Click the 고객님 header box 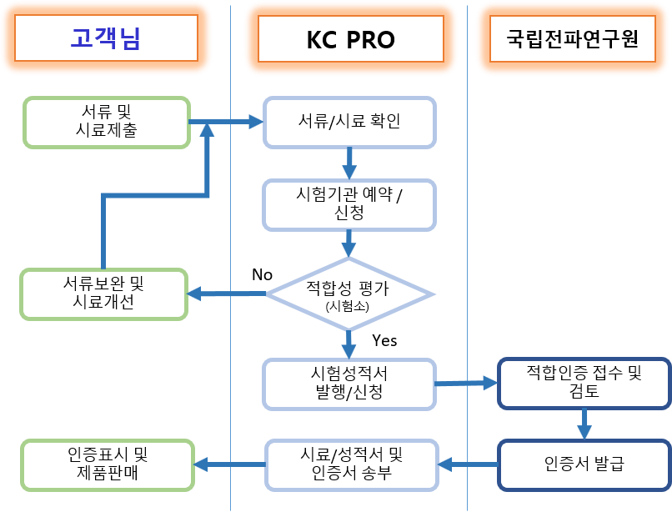[x=106, y=38]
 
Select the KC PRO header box [x=350, y=39]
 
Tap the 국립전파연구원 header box [x=573, y=38]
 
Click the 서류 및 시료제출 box [x=107, y=123]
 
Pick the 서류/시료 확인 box [x=349, y=123]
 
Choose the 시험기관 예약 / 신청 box [x=349, y=205]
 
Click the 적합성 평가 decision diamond [x=349, y=294]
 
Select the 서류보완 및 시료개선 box [x=103, y=294]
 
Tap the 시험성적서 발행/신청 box [x=349, y=384]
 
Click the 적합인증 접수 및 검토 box [x=584, y=384]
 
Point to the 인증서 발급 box [x=584, y=464]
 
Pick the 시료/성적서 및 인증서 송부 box [x=352, y=464]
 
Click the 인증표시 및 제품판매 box [x=108, y=464]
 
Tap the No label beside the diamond [x=263, y=274]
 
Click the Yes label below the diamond [x=384, y=340]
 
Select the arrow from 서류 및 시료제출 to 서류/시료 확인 [x=226, y=122]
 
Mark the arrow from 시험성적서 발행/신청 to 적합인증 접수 [x=466, y=383]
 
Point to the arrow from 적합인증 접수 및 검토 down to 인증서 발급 [x=584, y=424]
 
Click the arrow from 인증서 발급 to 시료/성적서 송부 [x=468, y=464]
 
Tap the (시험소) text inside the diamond [x=347, y=306]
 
